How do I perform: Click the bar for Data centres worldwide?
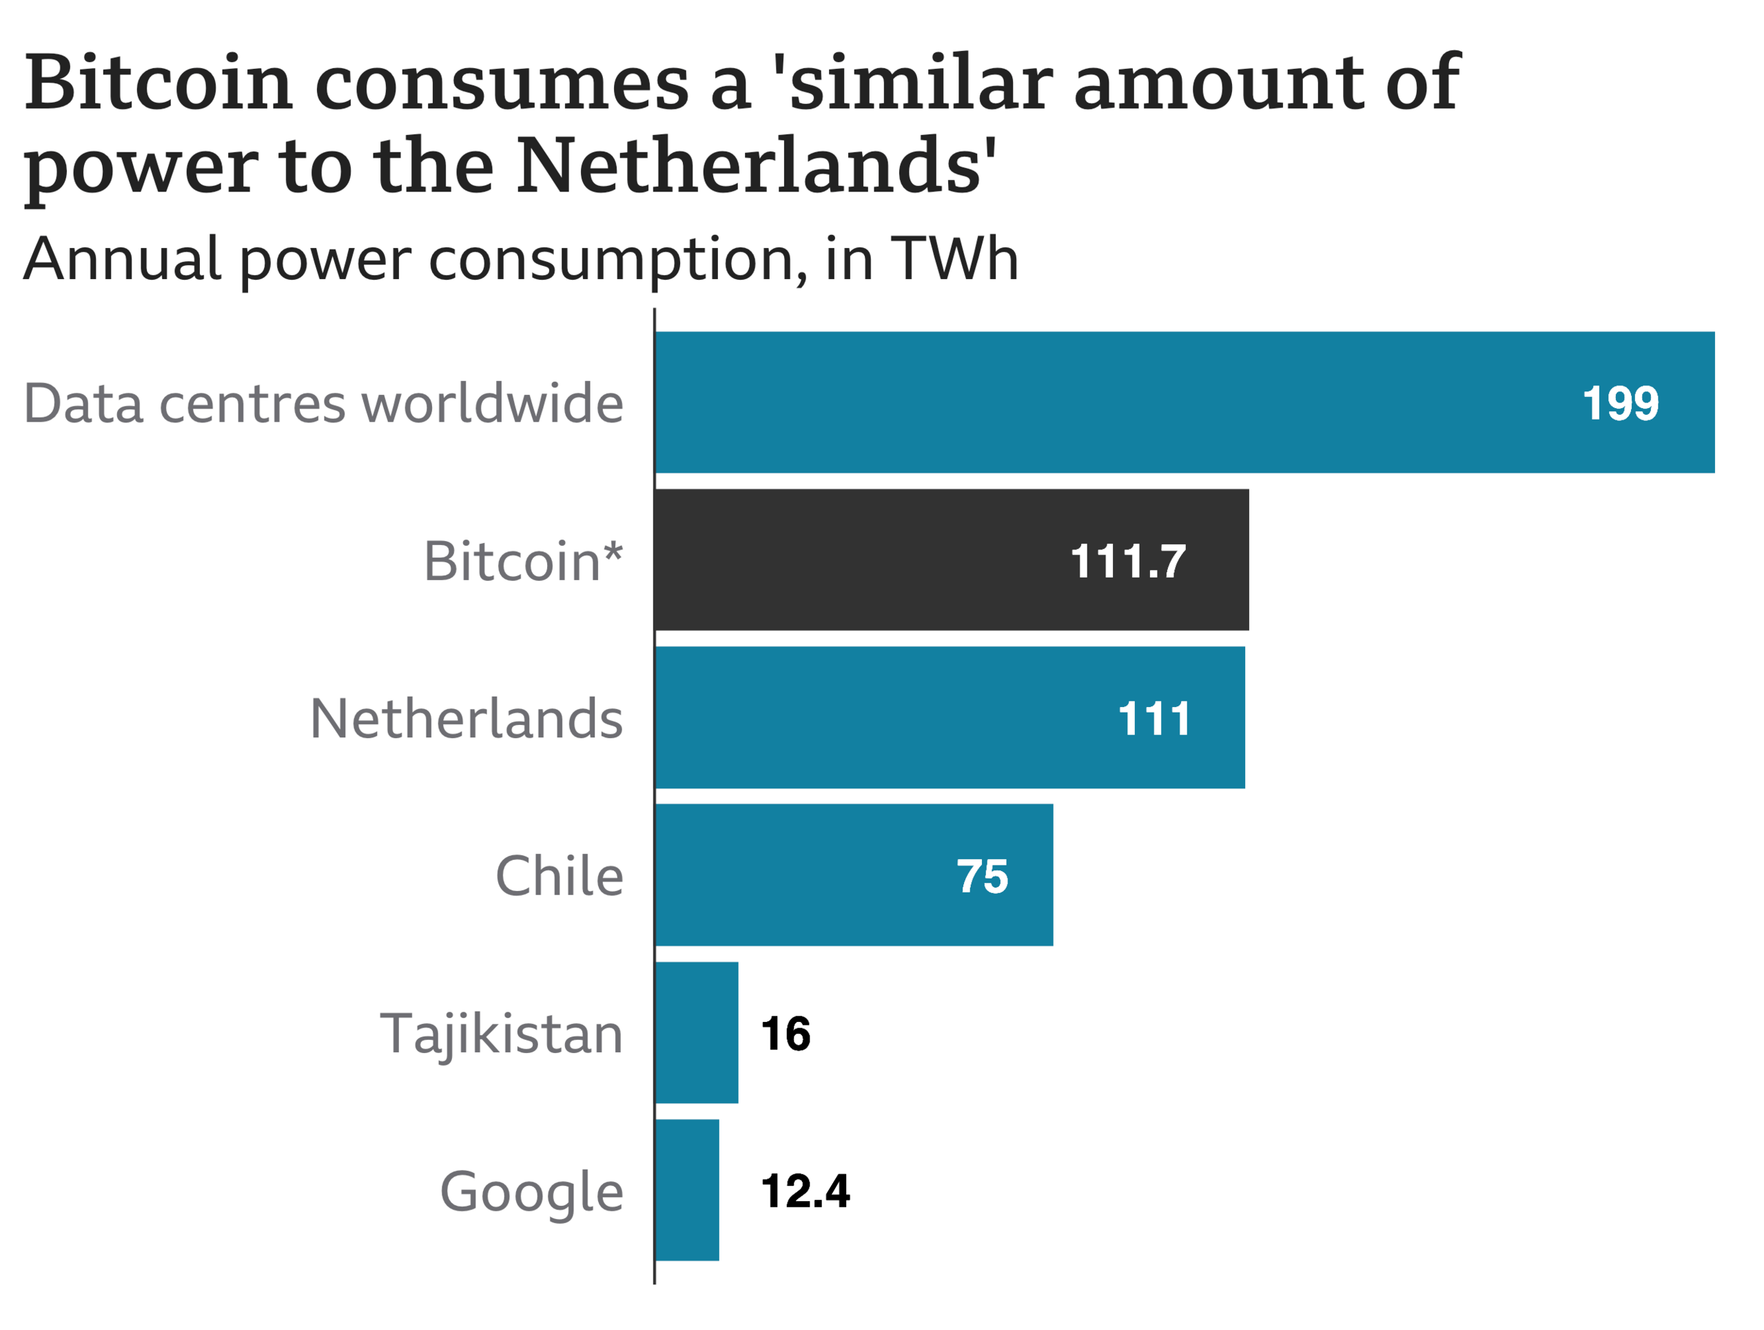click(1116, 402)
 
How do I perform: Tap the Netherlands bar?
click(877, 717)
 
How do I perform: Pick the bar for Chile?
click(797, 875)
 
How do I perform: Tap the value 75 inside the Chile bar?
click(983, 877)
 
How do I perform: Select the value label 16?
click(786, 1034)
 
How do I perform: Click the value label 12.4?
click(806, 1191)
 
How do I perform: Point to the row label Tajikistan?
click(502, 1035)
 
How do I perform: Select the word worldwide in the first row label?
click(493, 402)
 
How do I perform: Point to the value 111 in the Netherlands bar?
click(1154, 719)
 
